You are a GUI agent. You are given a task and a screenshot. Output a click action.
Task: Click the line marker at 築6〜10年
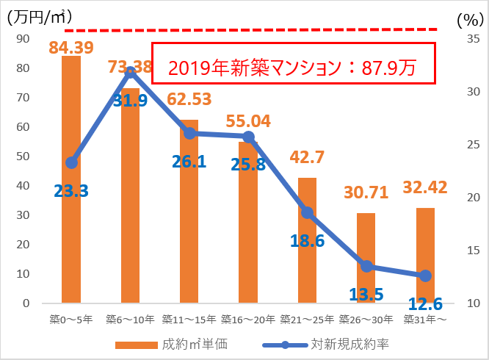130,71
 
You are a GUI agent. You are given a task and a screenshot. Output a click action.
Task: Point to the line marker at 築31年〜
425,276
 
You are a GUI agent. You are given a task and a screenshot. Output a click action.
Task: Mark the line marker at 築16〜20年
248,137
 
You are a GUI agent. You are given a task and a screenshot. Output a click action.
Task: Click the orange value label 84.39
71,48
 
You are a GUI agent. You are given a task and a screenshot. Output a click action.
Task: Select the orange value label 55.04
249,120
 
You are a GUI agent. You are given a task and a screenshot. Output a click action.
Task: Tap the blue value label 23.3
71,192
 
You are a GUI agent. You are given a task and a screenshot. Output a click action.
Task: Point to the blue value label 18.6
308,240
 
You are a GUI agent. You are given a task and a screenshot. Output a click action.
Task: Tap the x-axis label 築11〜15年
189,320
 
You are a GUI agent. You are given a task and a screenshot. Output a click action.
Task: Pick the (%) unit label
466,19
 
